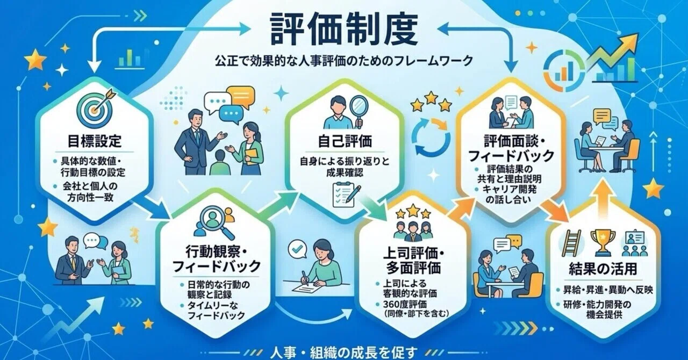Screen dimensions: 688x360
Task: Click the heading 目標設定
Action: pyautogui.click(x=95, y=141)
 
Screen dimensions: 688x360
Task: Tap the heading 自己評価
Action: pyautogui.click(x=345, y=141)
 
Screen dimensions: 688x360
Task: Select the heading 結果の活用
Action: pyautogui.click(x=603, y=269)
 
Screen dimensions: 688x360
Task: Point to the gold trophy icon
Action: pyautogui.click(x=603, y=243)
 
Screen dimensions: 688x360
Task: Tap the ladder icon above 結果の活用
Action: pyautogui.click(x=571, y=243)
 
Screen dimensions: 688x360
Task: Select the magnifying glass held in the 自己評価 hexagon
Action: pyautogui.click(x=359, y=111)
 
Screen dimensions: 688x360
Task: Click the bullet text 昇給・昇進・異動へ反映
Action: pyautogui.click(x=605, y=290)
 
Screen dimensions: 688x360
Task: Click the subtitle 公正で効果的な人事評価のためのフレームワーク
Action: pyautogui.click(x=343, y=61)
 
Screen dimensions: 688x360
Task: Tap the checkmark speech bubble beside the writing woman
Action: pyautogui.click(x=298, y=249)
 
